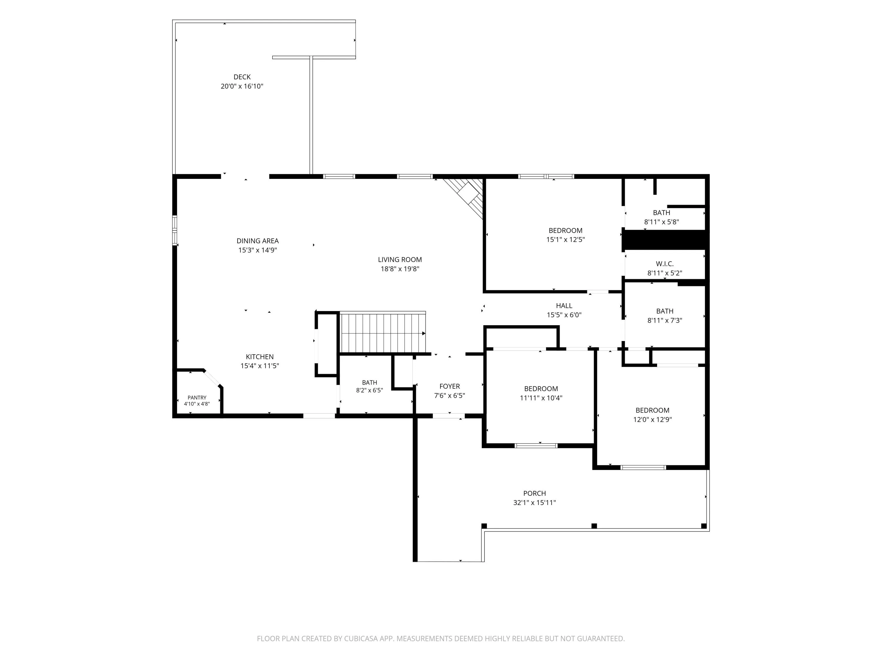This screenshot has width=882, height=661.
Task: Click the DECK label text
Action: click(x=242, y=77)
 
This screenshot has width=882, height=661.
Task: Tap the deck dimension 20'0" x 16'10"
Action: click(x=242, y=86)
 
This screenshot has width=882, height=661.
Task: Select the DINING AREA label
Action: click(x=258, y=241)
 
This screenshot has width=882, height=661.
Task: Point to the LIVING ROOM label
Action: click(x=400, y=259)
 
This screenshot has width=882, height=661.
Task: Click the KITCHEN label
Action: click(x=260, y=357)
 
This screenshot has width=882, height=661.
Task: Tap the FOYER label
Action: click(x=450, y=386)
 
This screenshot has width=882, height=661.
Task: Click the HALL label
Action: click(x=564, y=306)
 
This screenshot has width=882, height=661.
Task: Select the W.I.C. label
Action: click(x=665, y=264)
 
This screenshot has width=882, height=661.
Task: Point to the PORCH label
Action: click(x=535, y=493)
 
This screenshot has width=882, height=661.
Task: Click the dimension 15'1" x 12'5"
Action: click(x=565, y=239)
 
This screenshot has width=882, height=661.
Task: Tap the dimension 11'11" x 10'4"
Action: click(x=541, y=398)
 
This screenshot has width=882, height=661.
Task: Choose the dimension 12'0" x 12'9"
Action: click(x=652, y=419)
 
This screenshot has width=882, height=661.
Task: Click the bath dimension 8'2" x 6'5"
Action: click(x=370, y=390)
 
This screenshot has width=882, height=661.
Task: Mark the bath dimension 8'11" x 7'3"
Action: click(x=665, y=320)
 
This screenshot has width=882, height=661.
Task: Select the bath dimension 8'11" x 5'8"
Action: click(x=661, y=222)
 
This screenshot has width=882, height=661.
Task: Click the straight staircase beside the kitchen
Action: click(x=383, y=332)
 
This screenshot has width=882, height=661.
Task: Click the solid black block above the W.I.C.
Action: click(x=665, y=240)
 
